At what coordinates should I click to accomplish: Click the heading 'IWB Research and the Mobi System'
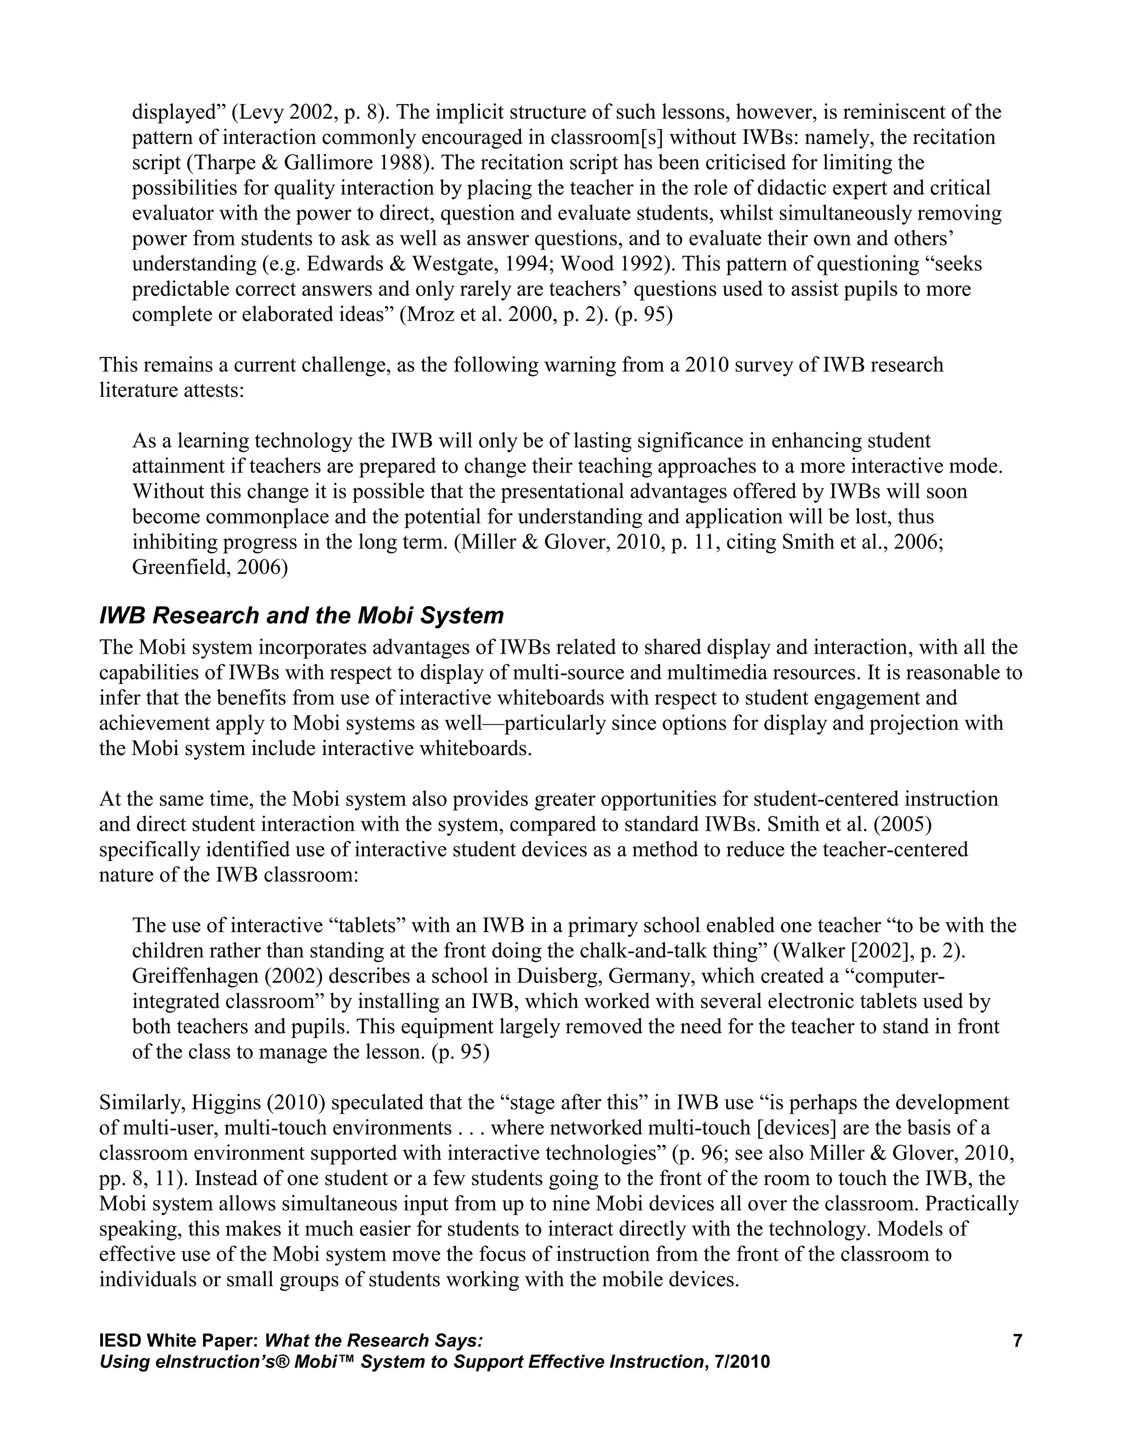coord(301,615)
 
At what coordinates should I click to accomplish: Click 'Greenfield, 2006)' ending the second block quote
coord(210,567)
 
